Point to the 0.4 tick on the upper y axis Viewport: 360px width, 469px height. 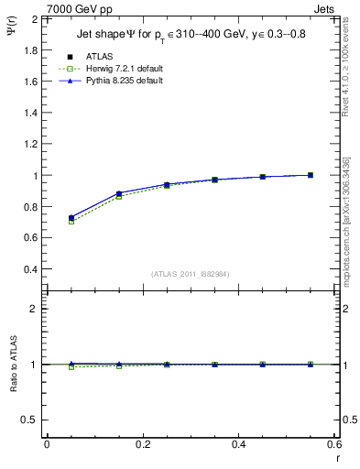pyautogui.click(x=31, y=269)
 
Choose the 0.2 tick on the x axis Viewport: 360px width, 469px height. pyautogui.click(x=143, y=445)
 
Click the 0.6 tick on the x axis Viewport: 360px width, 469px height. pyautogui.click(x=334, y=445)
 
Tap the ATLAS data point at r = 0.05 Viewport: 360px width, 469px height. pyautogui.click(x=71, y=218)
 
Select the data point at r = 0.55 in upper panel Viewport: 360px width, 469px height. pyautogui.click(x=311, y=175)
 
